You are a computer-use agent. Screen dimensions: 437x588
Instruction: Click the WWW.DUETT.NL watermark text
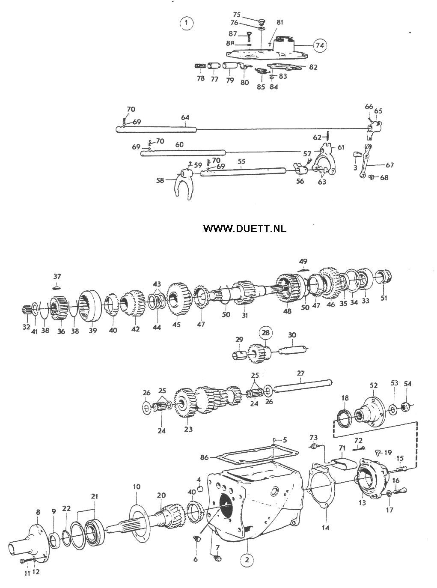[x=245, y=228]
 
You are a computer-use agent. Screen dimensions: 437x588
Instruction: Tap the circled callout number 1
[x=186, y=22]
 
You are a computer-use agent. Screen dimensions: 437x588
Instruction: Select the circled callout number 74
[x=320, y=45]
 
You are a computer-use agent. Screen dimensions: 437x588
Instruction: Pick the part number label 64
[x=185, y=117]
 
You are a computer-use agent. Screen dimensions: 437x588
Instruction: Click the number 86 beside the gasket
[x=205, y=457]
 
